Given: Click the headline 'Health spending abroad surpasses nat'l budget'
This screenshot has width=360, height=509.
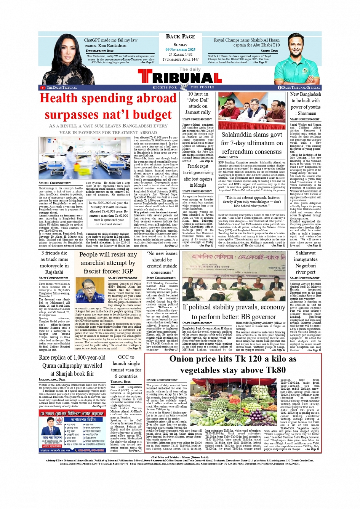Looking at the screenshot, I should point(108,106).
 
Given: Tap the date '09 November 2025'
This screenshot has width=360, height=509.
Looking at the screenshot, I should point(180,50).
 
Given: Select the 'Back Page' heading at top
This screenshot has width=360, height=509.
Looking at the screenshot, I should point(180,37).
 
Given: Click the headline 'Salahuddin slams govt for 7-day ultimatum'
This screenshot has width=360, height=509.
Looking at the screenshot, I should point(252,143).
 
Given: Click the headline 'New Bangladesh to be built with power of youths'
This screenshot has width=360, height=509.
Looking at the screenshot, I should point(306,103).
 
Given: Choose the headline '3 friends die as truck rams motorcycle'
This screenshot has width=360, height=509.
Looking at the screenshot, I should point(54,263).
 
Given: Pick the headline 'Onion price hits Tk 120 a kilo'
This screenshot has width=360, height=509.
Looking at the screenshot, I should point(233,364).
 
